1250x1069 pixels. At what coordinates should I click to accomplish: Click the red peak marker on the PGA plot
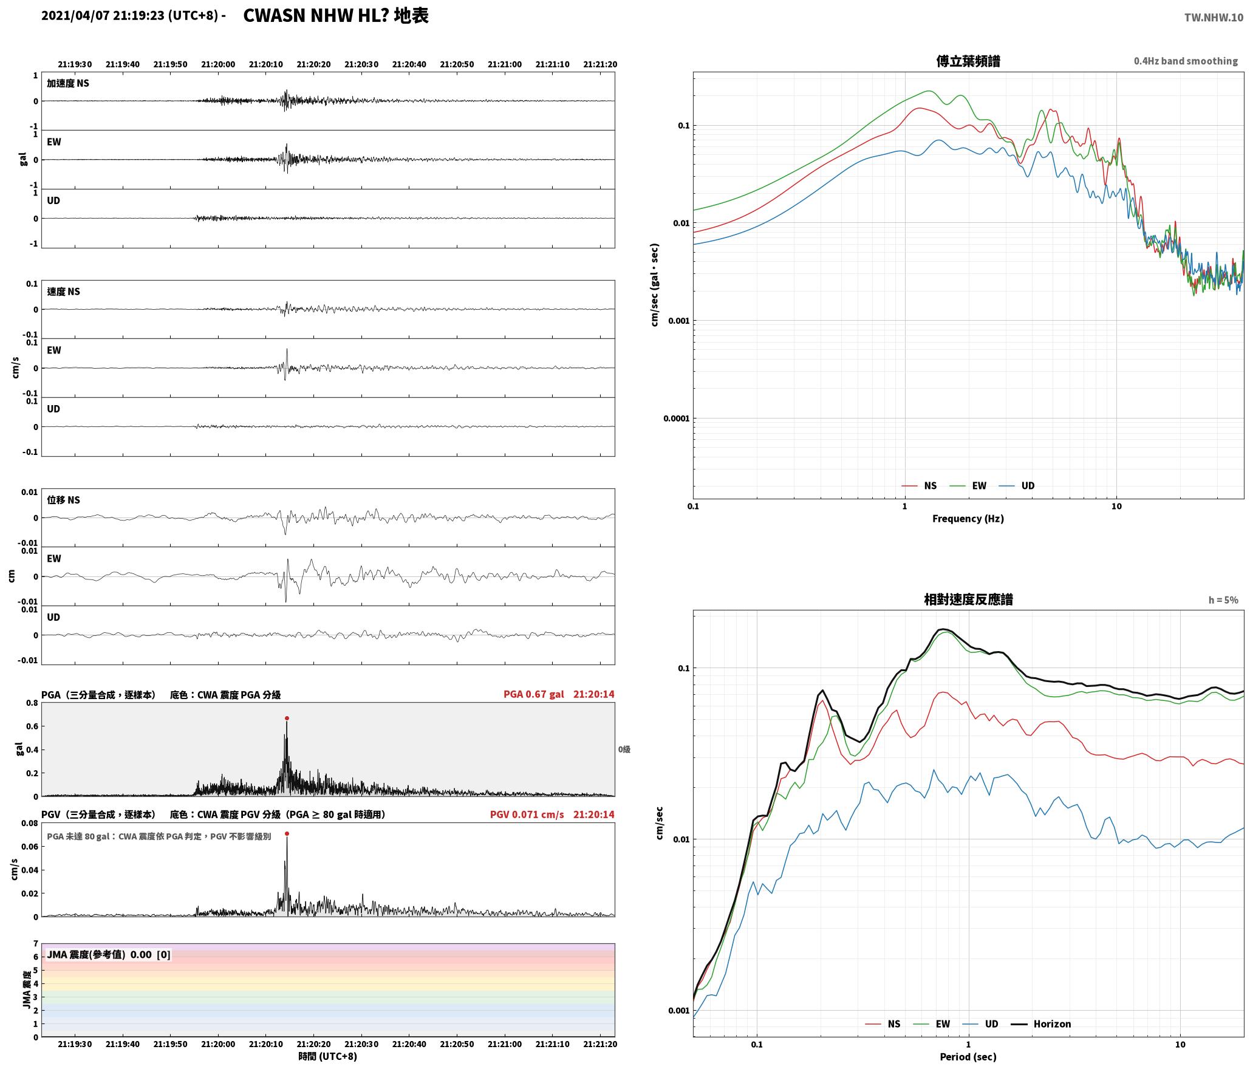coord(287,719)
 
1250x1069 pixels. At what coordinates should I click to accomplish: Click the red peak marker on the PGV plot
coord(287,834)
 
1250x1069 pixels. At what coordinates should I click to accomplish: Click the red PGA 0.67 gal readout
coord(533,694)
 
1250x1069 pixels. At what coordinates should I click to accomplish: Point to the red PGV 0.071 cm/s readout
coord(527,815)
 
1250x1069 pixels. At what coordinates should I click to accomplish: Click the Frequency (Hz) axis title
coord(968,518)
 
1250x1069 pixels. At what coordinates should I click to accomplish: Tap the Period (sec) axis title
coord(968,1056)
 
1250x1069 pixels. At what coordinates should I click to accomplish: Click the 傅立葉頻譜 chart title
coord(968,61)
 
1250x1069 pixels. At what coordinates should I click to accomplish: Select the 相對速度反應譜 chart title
coord(968,599)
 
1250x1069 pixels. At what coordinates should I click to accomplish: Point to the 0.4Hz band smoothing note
coord(1186,61)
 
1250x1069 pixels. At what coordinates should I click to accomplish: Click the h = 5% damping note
coord(1223,599)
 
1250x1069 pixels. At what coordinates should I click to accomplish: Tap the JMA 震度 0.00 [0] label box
coord(109,954)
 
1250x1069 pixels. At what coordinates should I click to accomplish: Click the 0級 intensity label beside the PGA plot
coord(624,750)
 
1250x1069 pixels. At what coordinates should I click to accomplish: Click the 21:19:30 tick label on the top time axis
coord(75,64)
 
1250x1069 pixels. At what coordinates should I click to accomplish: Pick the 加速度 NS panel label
coord(68,83)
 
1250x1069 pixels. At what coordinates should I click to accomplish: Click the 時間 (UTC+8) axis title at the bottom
coord(327,1056)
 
